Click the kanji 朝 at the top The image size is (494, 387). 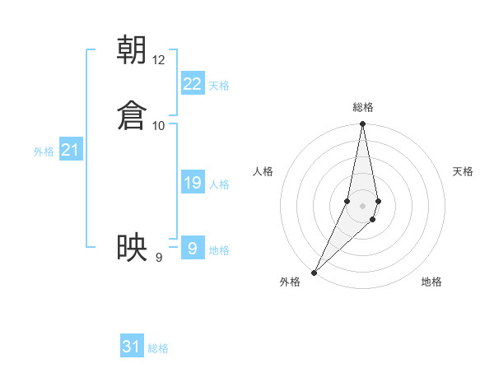(x=133, y=50)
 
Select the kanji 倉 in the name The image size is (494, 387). (x=133, y=115)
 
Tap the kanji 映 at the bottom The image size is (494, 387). (x=133, y=247)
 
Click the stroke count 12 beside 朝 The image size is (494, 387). (x=159, y=60)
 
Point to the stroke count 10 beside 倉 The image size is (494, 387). (x=159, y=125)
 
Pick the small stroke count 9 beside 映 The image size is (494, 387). (x=159, y=258)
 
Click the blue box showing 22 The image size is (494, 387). (x=193, y=84)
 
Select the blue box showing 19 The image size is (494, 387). (x=193, y=183)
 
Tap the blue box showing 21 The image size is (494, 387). (x=70, y=150)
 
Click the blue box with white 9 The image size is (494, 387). (x=193, y=249)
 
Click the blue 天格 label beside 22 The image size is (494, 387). (x=219, y=86)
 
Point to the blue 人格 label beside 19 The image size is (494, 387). (x=219, y=184)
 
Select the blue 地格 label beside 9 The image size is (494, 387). (x=219, y=250)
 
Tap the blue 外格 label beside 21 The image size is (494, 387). (x=44, y=152)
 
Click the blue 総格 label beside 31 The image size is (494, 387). (x=158, y=348)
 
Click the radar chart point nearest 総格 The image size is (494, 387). (x=362, y=124)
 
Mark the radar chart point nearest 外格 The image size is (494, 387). (x=314, y=271)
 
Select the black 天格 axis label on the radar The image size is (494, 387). (x=464, y=171)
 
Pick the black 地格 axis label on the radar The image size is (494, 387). (x=431, y=282)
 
